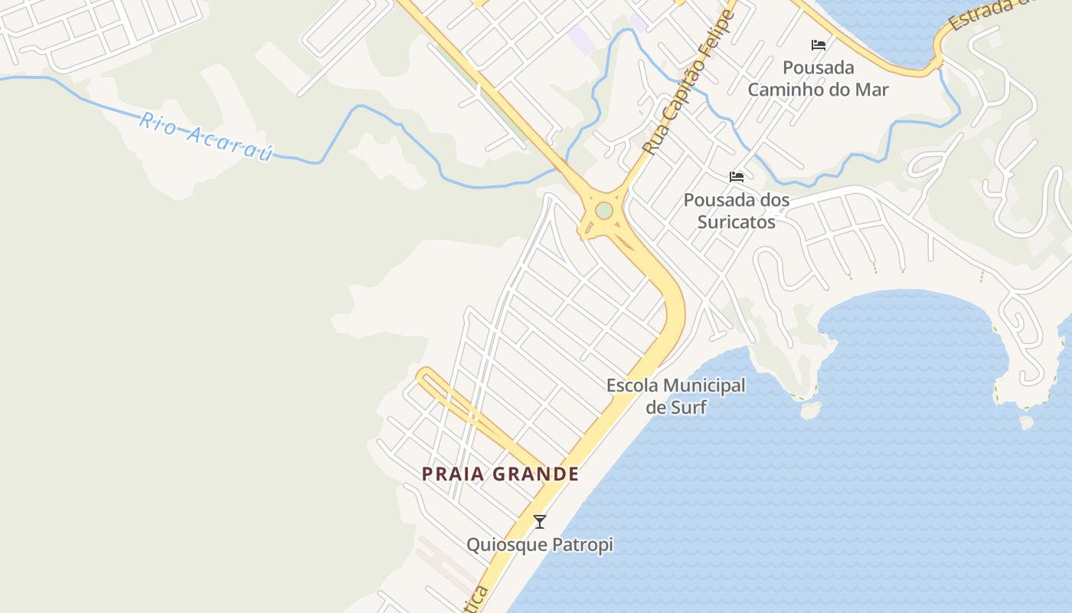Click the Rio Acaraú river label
pos(206,136)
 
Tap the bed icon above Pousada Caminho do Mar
pos(819,45)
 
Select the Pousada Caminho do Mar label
pos(818,79)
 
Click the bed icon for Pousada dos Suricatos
pos(737,177)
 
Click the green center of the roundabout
pos(604,210)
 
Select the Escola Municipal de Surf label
pos(675,395)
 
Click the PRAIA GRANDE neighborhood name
pos(500,474)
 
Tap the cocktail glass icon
pos(540,522)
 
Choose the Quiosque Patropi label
pos(540,545)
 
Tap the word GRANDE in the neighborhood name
pos(535,474)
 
